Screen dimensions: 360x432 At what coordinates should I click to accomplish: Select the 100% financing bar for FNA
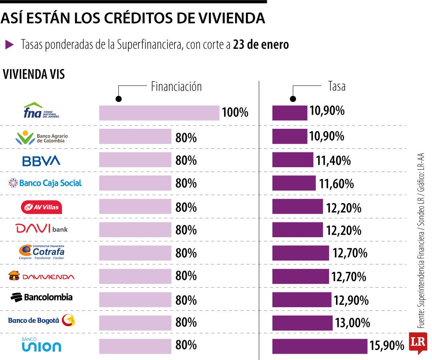click(159, 113)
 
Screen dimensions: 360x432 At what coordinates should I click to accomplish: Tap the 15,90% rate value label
click(386, 346)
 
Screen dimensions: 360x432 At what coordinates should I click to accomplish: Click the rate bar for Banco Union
click(320, 346)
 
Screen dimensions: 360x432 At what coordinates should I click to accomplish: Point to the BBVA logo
click(41, 161)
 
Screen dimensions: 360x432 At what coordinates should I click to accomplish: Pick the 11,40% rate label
click(333, 161)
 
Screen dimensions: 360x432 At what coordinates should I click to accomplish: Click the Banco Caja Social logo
click(45, 183)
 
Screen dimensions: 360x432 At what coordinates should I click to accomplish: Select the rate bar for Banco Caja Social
click(294, 183)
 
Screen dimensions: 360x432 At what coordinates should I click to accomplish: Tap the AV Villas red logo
click(41, 207)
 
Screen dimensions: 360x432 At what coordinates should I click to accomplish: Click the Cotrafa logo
click(41, 252)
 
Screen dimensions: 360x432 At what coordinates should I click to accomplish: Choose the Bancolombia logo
click(42, 297)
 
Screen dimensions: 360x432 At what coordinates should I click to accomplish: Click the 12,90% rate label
click(351, 300)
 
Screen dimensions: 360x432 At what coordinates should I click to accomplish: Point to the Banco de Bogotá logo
click(42, 320)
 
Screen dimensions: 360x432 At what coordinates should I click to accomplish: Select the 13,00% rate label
click(352, 323)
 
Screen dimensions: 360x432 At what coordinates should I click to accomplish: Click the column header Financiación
click(176, 87)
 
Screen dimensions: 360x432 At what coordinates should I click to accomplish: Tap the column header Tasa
click(336, 86)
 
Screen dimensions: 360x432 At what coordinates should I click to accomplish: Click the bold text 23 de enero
click(261, 45)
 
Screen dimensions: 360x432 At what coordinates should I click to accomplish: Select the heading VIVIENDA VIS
click(34, 74)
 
